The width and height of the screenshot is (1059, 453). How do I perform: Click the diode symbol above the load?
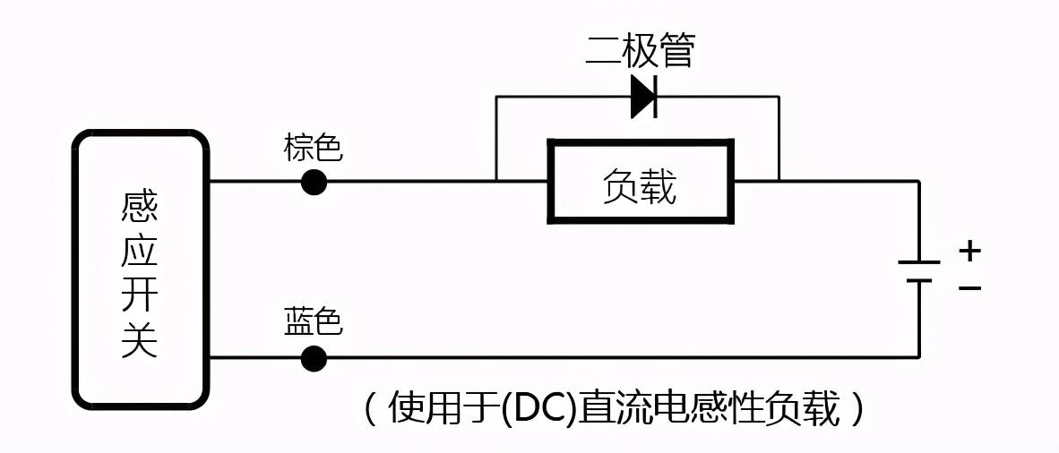click(644, 97)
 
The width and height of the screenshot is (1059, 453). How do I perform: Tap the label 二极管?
click(640, 52)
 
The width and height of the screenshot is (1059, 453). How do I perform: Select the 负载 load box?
click(641, 182)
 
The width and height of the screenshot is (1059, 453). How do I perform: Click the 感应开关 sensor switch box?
click(141, 269)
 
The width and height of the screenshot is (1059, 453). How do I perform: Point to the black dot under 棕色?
click(314, 182)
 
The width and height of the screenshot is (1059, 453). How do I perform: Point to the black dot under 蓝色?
click(314, 358)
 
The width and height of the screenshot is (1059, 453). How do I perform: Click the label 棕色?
click(313, 148)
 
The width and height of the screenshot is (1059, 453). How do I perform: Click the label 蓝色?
click(313, 322)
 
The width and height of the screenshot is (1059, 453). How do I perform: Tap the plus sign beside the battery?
click(969, 252)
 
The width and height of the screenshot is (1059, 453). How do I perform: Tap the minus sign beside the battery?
click(969, 288)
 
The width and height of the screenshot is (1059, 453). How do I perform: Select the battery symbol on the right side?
click(919, 271)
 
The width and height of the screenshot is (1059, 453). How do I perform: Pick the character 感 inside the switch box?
click(140, 209)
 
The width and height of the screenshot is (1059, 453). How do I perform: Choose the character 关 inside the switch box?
click(140, 340)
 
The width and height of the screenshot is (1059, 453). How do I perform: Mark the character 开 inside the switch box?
click(140, 296)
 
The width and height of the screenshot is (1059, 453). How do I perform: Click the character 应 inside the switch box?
click(140, 252)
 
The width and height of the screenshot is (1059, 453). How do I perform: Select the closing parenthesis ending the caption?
click(858, 410)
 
